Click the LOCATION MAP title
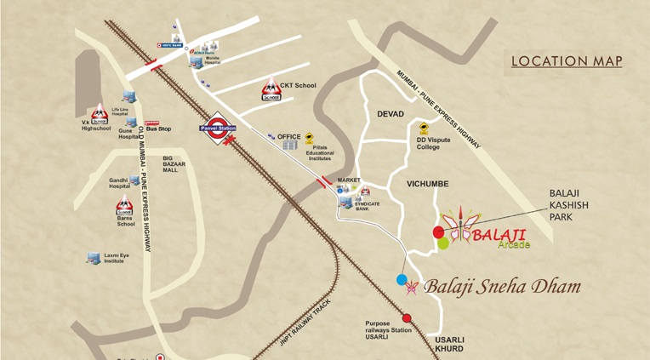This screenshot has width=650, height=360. tap(567, 61)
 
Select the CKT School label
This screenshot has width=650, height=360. tap(298, 85)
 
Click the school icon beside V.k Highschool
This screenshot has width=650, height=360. tap(99, 112)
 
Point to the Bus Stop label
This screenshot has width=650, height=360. tap(159, 129)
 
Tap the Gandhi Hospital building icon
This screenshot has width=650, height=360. tap(134, 181)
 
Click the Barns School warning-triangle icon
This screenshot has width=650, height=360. tap(124, 204)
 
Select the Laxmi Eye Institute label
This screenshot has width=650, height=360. tap(120, 257)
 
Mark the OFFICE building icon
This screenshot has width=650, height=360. tap(290, 146)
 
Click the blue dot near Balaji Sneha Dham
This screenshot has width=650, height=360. tap(402, 279)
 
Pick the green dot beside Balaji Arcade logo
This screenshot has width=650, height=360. tap(443, 243)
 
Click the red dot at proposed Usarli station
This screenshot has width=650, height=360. tap(407, 318)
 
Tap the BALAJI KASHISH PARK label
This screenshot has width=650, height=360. tap(569, 205)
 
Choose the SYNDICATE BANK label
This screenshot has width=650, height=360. tap(367, 204)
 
